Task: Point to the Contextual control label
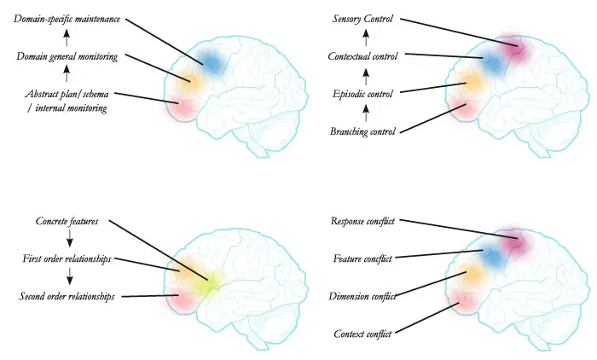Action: tap(366, 56)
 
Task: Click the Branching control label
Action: tap(366, 131)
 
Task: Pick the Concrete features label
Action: tap(67, 221)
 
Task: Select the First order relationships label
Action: tap(67, 258)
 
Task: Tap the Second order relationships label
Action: tap(67, 296)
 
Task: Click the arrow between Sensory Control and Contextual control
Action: tap(366, 38)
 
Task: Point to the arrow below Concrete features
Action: tap(67, 240)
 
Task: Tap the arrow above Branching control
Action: tap(366, 112)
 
